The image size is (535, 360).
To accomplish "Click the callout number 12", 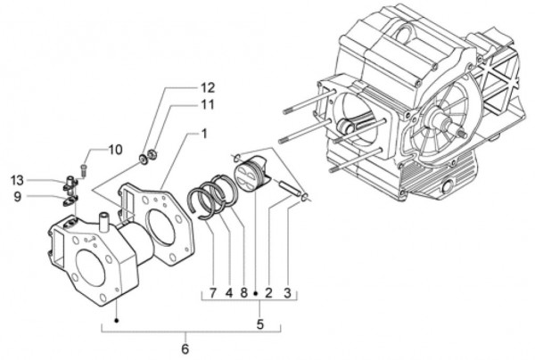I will [207, 88].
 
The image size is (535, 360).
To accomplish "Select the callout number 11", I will [207, 105].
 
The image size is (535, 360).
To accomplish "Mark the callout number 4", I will [229, 291].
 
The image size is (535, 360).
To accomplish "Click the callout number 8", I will [243, 291].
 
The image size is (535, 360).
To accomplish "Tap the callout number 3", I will [287, 291].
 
